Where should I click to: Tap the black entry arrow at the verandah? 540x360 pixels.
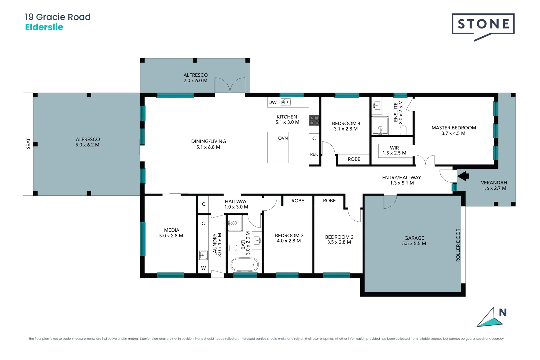tap(463, 176)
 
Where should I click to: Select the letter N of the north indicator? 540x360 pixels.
tap(503, 313)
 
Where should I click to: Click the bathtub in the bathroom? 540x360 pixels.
tap(245, 265)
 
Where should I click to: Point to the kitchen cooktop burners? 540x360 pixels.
tap(314, 120)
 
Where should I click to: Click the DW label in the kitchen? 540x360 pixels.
tap(272, 102)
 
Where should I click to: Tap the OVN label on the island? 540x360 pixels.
tap(283, 138)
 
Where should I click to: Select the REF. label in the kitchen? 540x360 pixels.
tap(314, 154)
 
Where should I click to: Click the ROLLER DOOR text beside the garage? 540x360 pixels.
tap(458, 245)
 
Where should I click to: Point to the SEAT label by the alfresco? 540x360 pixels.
tap(28, 144)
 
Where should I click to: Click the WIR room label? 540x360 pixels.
tap(394, 148)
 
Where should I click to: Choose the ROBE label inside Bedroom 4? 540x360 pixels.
tap(354, 159)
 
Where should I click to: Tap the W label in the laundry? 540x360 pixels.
tap(203, 268)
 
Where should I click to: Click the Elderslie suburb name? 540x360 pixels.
tap(44, 27)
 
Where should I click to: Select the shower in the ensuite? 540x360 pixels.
tap(380, 126)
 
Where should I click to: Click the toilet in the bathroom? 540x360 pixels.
tap(232, 248)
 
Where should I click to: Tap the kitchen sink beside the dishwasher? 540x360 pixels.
tap(286, 102)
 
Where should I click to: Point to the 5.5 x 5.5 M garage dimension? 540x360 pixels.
tap(414, 244)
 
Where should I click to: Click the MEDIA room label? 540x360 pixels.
tap(172, 230)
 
